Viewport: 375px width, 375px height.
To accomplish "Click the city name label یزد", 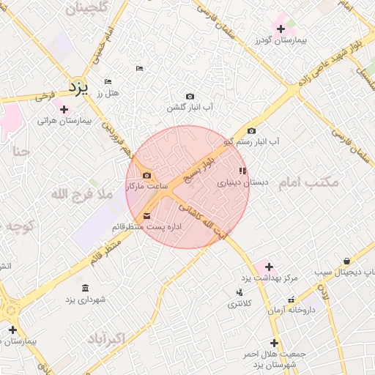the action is click(x=78, y=87).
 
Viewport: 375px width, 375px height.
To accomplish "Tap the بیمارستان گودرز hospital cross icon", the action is click(x=281, y=28).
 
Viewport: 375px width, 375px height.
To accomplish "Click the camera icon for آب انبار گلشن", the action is click(x=190, y=96).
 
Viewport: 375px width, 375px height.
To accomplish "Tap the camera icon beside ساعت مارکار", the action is click(x=147, y=176).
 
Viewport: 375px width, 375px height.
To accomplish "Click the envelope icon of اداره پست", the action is click(x=147, y=216).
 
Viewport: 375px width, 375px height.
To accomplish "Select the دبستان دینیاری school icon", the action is click(x=242, y=171).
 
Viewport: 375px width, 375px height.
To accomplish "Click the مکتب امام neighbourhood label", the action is click(x=310, y=182).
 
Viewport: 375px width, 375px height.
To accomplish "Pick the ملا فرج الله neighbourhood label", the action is click(x=81, y=195).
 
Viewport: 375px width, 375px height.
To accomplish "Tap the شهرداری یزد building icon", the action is click(x=86, y=287).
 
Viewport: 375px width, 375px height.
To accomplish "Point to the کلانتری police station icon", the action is click(x=240, y=292).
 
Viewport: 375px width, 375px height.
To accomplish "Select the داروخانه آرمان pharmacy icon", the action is click(x=292, y=300).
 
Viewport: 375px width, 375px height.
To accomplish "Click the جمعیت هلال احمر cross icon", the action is click(x=274, y=342).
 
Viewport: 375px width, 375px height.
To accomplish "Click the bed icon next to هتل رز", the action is click(x=108, y=81).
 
